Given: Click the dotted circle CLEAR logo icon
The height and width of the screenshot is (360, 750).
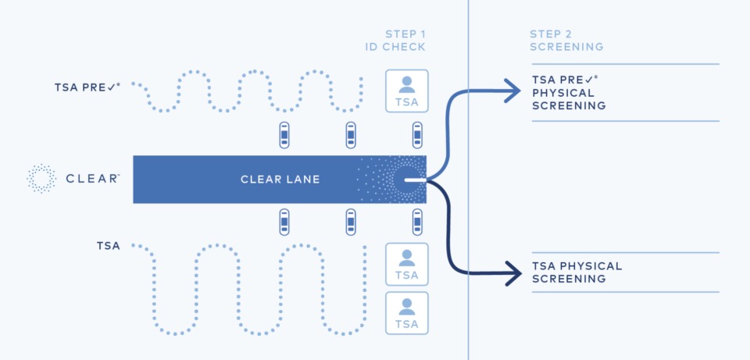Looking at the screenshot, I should pyautogui.click(x=41, y=178).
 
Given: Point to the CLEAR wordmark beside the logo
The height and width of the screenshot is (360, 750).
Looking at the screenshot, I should pyautogui.click(x=92, y=179).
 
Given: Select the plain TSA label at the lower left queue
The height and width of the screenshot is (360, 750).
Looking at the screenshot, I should pyautogui.click(x=108, y=246).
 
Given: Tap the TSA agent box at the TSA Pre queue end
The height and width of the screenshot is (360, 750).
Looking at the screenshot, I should pyautogui.click(x=406, y=91).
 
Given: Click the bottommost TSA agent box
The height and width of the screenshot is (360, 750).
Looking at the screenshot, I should pyautogui.click(x=406, y=313).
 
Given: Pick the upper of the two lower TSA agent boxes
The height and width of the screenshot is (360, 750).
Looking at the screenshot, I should pyautogui.click(x=406, y=265).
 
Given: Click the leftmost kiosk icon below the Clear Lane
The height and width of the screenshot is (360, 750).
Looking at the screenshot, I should pyautogui.click(x=285, y=223).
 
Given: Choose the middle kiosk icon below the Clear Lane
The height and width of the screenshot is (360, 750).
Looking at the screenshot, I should pyautogui.click(x=351, y=223).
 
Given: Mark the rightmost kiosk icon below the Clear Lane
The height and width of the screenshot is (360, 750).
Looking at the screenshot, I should pyautogui.click(x=417, y=223).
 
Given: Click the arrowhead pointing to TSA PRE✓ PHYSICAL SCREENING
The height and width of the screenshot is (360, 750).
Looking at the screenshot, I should pyautogui.click(x=511, y=91).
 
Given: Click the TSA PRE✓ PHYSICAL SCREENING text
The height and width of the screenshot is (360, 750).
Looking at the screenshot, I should pyautogui.click(x=569, y=92).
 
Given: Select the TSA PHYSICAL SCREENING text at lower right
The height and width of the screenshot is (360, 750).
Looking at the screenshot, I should pyautogui.click(x=577, y=273).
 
